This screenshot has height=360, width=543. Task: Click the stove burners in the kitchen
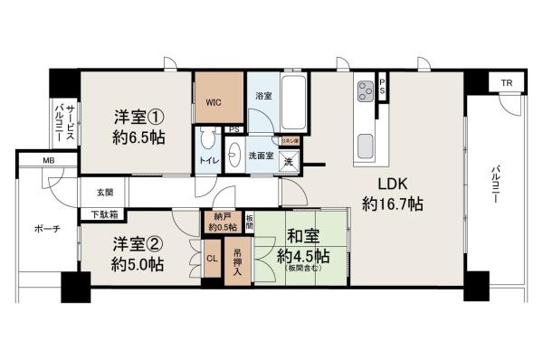(x=367, y=92)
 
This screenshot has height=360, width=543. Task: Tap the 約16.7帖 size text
(x=391, y=205)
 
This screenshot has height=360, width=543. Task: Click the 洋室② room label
(x=138, y=244)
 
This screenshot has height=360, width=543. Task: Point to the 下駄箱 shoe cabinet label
(x=103, y=215)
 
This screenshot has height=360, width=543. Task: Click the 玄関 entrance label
(x=102, y=193)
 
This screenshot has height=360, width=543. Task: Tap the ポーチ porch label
(x=47, y=229)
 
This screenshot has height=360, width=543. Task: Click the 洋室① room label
(x=138, y=118)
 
